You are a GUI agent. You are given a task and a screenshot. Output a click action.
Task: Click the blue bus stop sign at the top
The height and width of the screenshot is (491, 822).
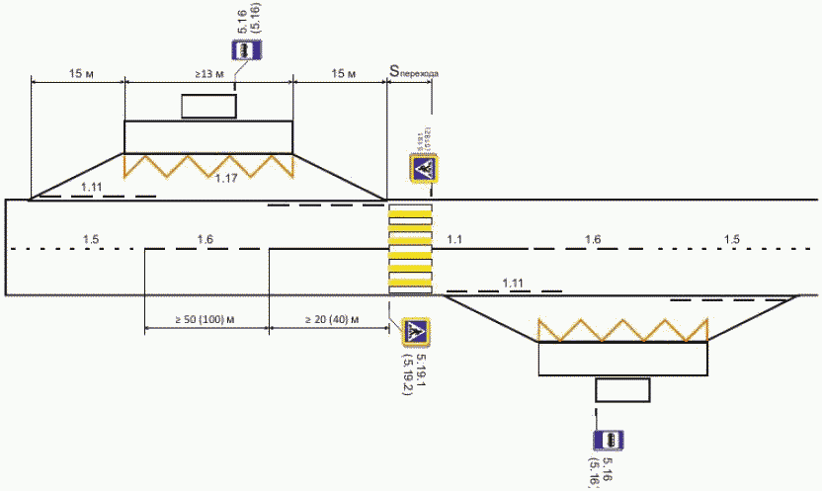(244, 51)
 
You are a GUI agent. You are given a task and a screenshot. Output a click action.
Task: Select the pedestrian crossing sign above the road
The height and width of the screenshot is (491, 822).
(425, 169)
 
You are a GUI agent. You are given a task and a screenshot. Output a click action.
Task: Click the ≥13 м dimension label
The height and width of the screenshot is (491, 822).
(208, 74)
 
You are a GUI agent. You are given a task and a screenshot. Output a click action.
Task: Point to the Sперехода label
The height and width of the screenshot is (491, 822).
(413, 71)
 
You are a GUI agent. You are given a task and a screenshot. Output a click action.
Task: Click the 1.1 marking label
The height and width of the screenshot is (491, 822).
(454, 239)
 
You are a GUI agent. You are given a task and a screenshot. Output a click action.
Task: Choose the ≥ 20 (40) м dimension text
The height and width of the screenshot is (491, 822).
(330, 319)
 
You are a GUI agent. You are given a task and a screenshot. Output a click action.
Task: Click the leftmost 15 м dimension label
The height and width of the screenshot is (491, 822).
(79, 74)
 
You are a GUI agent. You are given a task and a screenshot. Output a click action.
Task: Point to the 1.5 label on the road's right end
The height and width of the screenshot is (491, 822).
(731, 239)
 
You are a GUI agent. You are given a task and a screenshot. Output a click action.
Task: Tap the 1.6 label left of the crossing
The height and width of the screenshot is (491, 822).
(205, 239)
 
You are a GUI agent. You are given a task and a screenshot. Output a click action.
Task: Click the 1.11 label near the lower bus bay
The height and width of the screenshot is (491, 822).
(513, 283)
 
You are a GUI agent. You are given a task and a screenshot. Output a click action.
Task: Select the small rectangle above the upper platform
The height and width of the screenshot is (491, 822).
(207, 105)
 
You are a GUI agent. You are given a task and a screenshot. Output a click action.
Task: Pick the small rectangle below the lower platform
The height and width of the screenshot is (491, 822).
(622, 389)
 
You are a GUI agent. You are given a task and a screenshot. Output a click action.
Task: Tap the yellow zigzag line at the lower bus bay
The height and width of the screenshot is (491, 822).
(622, 329)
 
